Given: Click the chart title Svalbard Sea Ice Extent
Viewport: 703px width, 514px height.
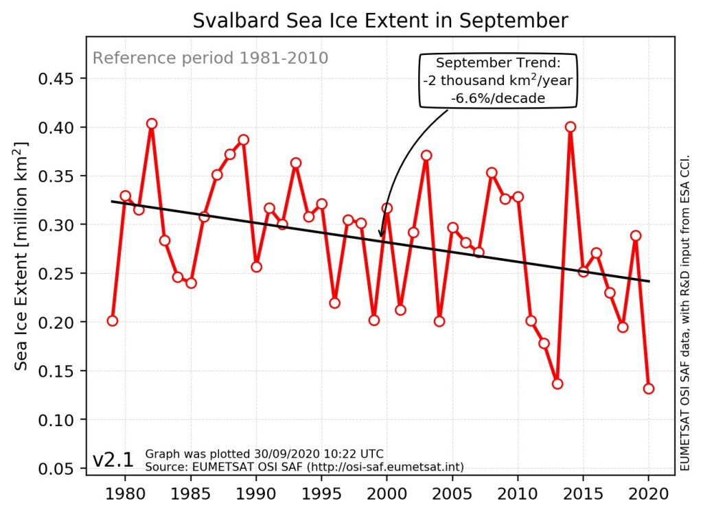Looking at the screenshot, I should coord(380,21).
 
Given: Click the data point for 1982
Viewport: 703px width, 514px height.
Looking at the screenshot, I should coord(152,124).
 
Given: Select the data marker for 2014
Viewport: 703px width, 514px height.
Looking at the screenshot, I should coord(571,126).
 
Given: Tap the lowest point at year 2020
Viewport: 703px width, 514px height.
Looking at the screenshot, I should coord(649,388).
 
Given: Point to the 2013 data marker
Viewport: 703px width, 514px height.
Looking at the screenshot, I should coord(557,384).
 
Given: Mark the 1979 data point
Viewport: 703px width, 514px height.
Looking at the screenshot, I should coord(113,320).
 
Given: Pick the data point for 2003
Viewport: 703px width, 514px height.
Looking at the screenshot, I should coord(426,155).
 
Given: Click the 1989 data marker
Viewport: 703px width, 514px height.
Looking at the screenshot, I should coord(243,140).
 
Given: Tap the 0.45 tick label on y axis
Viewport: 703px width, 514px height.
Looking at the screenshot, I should coord(57,79).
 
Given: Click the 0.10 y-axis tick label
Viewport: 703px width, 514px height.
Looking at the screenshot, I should coord(57,419).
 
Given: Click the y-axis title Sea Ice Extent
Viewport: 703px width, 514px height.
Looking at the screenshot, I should coord(21,255).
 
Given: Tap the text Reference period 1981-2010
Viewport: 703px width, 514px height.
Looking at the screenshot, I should coord(210,58).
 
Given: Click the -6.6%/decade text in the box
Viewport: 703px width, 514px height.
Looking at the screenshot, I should coord(498,98).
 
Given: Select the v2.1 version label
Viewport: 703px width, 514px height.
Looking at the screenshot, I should coord(113,460).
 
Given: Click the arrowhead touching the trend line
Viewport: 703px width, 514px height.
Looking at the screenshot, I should coord(381,235).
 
